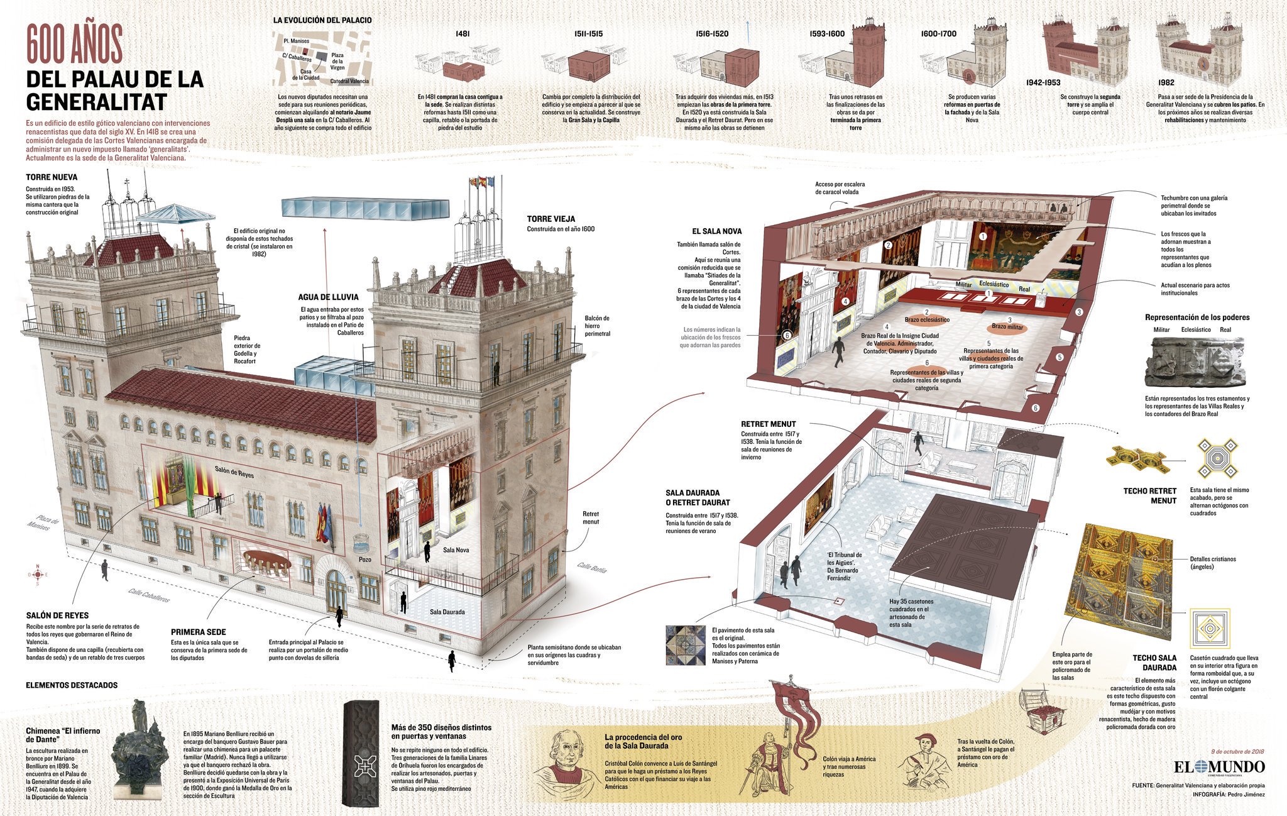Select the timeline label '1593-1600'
828,34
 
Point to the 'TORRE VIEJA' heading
551,219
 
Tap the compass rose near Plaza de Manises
38,574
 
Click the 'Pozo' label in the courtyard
365,558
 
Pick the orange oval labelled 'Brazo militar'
1007,327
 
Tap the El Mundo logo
1219,767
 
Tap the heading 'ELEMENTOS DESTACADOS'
72,685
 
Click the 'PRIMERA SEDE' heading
198,632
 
